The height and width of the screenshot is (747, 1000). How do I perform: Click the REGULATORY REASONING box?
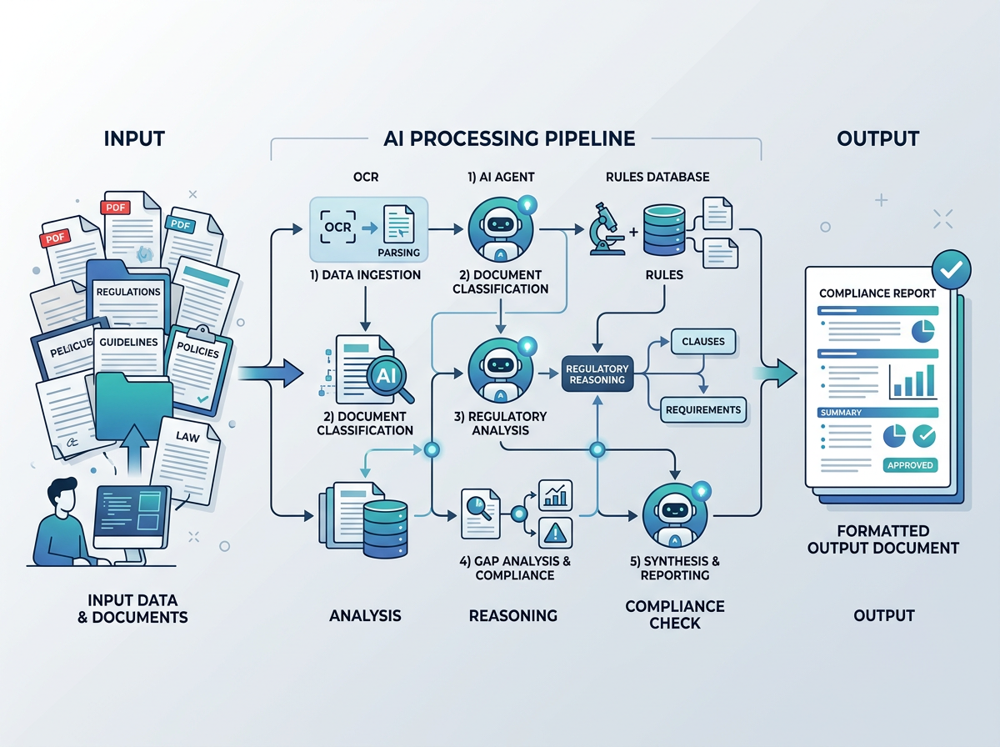pos(595,374)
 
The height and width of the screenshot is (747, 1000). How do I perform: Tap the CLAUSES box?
pos(702,341)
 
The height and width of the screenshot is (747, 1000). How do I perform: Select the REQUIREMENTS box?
pos(702,409)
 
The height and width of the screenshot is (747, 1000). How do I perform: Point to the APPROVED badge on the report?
pos(910,465)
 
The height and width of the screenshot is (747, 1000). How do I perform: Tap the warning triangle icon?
pos(554,531)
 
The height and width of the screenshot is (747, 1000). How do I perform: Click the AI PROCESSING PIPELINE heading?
pos(509,138)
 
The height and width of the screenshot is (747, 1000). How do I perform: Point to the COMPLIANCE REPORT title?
pos(877,293)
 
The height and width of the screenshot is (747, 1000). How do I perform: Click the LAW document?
pos(187,435)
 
